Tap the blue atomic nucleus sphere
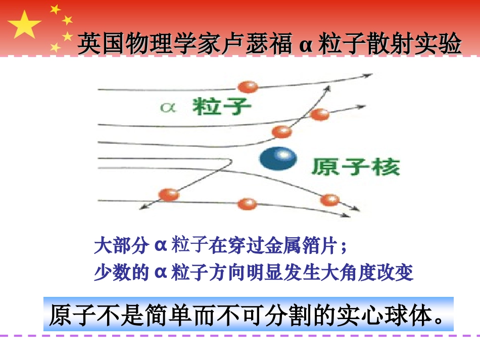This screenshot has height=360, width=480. tap(277, 159)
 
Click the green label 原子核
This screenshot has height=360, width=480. tap(356, 166)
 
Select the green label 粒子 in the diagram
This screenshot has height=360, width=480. tap(222, 106)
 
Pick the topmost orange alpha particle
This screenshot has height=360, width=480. tap(248, 86)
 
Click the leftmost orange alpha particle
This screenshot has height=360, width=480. tap(169, 194)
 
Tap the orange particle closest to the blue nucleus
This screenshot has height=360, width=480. tap(281, 132)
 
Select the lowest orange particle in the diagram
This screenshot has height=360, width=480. tap(247, 204)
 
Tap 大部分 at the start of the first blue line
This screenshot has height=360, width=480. tap(121, 247)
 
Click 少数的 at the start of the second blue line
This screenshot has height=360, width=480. tap(121, 273)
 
